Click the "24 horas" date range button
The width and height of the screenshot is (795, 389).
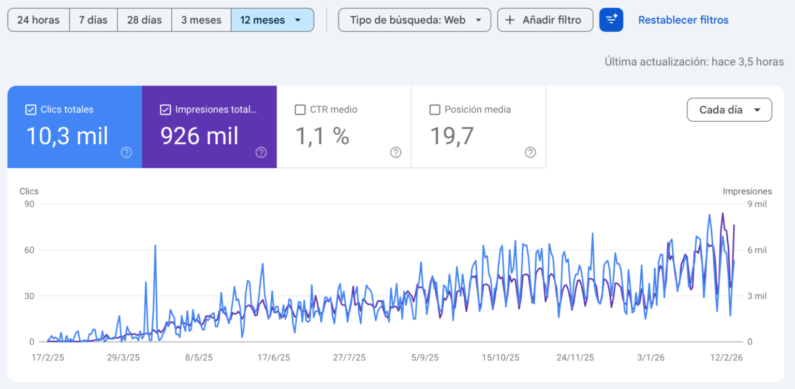click(38, 20)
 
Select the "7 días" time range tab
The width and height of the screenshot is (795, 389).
click(93, 20)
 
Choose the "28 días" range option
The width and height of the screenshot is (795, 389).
click(144, 20)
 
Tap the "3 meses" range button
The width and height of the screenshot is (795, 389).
click(201, 20)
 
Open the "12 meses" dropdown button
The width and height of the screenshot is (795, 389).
click(272, 20)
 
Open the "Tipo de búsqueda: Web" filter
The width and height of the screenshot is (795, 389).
click(414, 20)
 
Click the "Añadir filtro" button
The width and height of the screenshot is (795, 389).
click(544, 20)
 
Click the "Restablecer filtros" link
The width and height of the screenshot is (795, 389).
click(683, 20)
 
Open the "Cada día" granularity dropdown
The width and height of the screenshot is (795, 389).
click(729, 110)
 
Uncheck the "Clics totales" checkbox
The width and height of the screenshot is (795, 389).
click(31, 110)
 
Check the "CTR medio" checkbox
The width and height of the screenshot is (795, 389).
click(300, 110)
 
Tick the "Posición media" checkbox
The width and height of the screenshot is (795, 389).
click(435, 110)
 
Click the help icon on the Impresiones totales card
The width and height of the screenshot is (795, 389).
click(261, 152)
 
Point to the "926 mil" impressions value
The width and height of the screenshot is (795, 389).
click(199, 136)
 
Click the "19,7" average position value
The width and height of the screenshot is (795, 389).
click(452, 136)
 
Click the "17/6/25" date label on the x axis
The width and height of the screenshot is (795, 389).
click(274, 358)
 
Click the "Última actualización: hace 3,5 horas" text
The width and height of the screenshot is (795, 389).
click(694, 62)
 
